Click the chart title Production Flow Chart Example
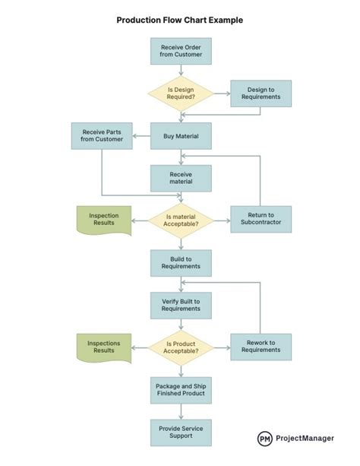point(180,21)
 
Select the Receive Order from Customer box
point(181,51)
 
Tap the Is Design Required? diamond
point(181,94)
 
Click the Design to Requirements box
point(261,94)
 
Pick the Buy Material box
point(181,136)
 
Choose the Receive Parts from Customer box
point(102,136)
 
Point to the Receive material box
point(181,178)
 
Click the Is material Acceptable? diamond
point(181,220)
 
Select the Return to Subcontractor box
point(261,220)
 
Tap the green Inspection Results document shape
point(103,219)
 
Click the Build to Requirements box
point(181,262)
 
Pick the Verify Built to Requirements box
point(181,305)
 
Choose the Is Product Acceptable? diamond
point(181,347)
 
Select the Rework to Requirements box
point(261,347)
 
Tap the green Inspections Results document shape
point(103,347)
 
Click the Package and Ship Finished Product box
point(181,391)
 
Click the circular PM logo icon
point(265,439)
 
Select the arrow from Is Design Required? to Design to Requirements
point(221,94)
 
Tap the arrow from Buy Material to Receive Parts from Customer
point(142,136)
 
